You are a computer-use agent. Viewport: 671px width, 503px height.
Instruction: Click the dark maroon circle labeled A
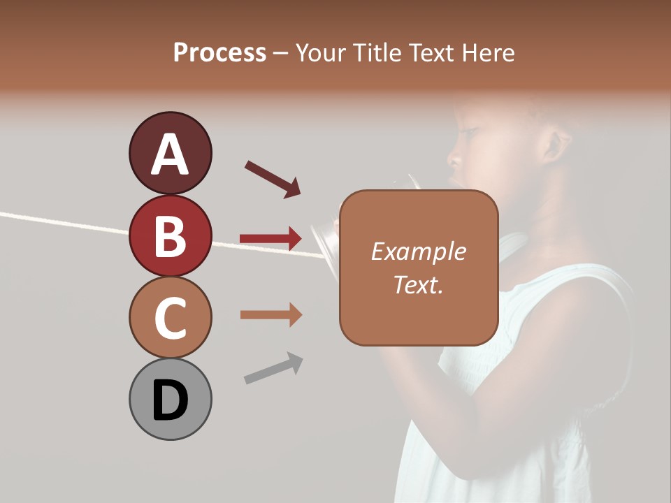(170, 153)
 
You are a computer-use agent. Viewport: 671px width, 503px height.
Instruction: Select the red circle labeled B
(170, 235)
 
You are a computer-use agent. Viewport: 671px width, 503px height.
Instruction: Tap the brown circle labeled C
(170, 317)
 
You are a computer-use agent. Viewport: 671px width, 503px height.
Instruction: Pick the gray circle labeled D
(170, 399)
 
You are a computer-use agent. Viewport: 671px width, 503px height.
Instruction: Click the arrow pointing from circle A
(273, 179)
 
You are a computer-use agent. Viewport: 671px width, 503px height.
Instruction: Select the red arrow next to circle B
(270, 239)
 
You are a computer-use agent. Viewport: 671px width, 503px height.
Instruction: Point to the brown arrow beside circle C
(270, 314)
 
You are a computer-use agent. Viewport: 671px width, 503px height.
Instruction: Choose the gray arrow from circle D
(273, 368)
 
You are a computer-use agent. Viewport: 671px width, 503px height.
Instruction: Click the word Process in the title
(219, 52)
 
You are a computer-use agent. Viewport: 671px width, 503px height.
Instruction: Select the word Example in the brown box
(418, 251)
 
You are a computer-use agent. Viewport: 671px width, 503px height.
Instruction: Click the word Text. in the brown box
(418, 284)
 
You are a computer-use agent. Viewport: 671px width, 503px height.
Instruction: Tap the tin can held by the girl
(324, 238)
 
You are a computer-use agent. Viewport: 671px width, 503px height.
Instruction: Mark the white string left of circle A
(63, 222)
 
